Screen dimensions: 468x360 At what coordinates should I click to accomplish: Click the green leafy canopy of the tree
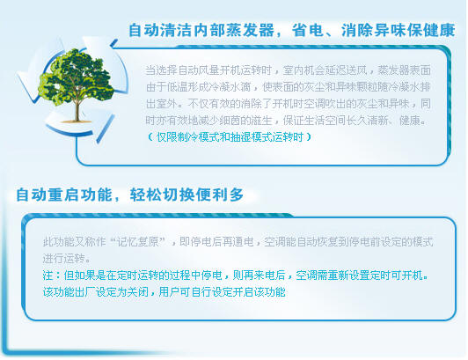(x=76, y=77)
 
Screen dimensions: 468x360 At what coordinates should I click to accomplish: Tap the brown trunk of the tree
(x=77, y=111)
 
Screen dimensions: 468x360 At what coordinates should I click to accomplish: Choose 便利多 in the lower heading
(x=220, y=195)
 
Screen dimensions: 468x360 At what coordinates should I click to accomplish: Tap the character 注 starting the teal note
(x=48, y=276)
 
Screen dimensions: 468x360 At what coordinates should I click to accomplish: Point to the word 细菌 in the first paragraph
(x=230, y=121)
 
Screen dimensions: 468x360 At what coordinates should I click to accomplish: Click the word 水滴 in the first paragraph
(x=240, y=87)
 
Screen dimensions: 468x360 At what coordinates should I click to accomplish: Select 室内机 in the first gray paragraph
(x=298, y=70)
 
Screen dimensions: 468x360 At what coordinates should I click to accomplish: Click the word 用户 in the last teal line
(x=170, y=292)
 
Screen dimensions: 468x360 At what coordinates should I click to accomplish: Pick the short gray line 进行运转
(x=64, y=259)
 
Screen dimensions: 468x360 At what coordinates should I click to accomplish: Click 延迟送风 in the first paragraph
(x=346, y=70)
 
